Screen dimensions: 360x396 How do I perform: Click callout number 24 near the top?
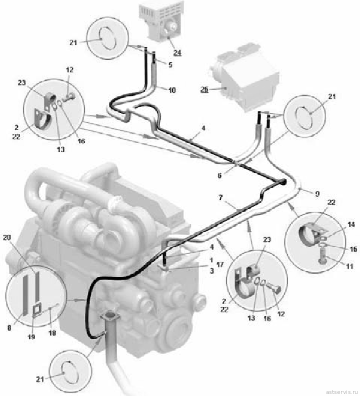click(177, 52)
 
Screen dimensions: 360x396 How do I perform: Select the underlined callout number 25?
click(204, 89)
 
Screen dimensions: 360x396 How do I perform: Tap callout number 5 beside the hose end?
click(170, 65)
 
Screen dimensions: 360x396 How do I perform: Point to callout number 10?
click(172, 90)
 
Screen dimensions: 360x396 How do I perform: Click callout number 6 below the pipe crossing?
click(219, 175)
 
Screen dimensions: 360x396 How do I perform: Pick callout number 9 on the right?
click(317, 194)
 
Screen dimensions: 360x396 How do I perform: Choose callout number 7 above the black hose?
click(220, 198)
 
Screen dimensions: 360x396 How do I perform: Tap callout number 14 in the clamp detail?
click(351, 224)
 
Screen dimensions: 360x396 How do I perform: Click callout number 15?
click(353, 249)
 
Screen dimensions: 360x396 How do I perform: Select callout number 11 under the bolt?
click(349, 266)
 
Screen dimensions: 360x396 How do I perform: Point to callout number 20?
click(7, 237)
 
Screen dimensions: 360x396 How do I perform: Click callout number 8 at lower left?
click(9, 328)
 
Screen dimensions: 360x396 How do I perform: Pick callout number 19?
click(31, 337)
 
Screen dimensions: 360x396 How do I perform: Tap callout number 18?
click(52, 334)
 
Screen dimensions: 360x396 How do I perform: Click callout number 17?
click(220, 265)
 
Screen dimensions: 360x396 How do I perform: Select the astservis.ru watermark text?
click(342, 392)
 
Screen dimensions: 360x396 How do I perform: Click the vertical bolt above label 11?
click(323, 258)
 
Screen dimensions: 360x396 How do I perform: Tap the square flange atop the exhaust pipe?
click(109, 316)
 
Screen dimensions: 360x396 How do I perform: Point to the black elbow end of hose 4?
click(282, 182)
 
